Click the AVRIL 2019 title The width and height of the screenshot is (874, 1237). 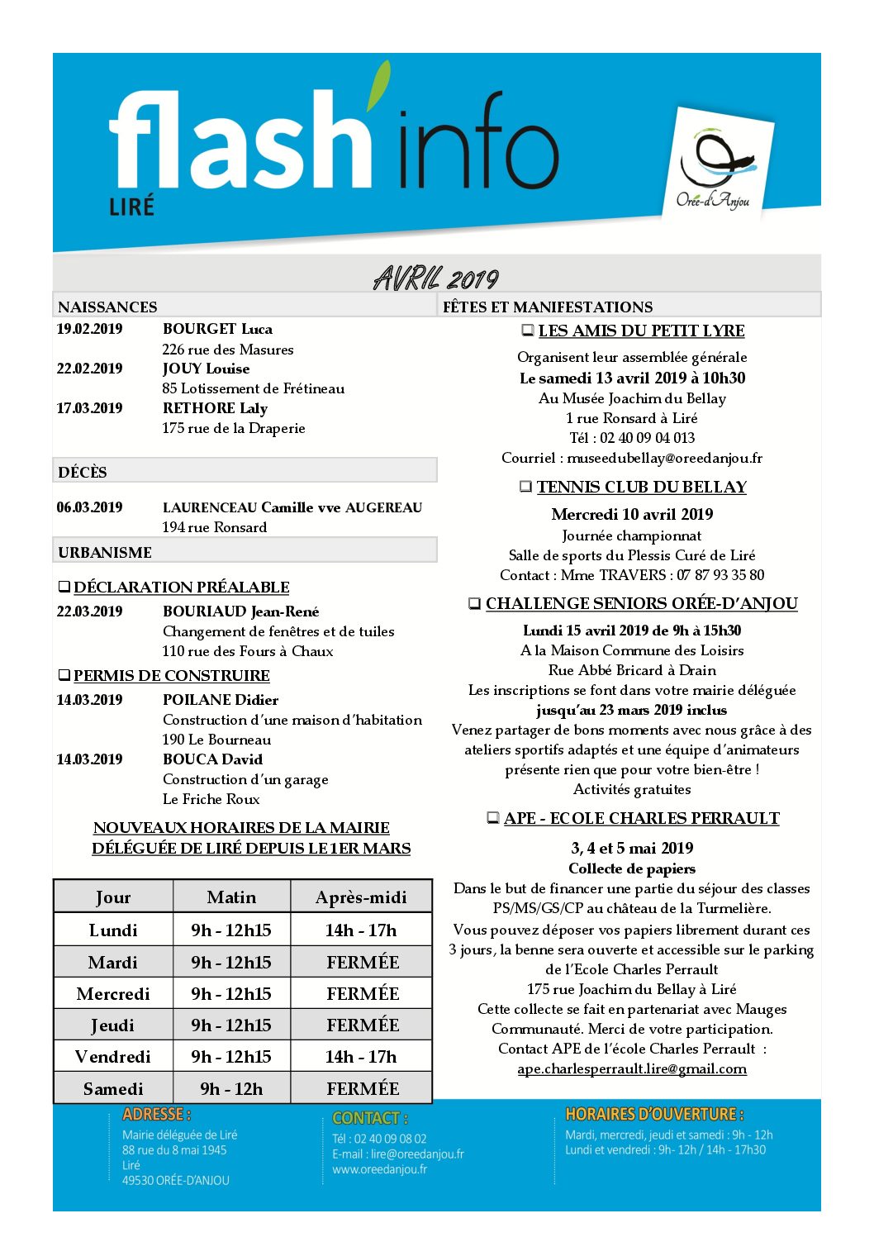[x=436, y=278]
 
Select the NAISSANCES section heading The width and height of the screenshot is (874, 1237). [x=107, y=307]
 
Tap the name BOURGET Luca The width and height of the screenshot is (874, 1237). [x=217, y=329]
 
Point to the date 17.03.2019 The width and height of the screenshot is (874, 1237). [x=89, y=408]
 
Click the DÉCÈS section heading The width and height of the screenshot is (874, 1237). [x=83, y=472]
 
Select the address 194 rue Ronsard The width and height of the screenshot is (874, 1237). [x=215, y=527]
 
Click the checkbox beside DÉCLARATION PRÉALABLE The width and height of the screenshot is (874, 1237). [x=64, y=588]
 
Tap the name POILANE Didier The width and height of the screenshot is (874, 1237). [x=221, y=700]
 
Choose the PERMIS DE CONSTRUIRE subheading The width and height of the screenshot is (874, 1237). [x=171, y=676]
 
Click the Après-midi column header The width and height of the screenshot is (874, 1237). [x=361, y=897]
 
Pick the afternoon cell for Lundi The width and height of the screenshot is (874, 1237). [x=361, y=930]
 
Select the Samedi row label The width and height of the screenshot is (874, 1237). [x=113, y=1089]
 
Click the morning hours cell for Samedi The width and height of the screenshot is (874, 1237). [x=231, y=1089]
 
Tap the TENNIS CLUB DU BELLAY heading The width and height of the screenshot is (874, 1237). [x=641, y=488]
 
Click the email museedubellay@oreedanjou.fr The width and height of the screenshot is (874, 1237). [x=664, y=458]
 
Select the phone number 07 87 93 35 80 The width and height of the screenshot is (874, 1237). [x=720, y=575]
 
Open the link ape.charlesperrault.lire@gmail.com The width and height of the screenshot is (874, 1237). [x=632, y=1068]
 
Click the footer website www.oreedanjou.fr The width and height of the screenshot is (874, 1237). [x=380, y=1169]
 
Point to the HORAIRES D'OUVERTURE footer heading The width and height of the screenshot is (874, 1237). [x=654, y=1114]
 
